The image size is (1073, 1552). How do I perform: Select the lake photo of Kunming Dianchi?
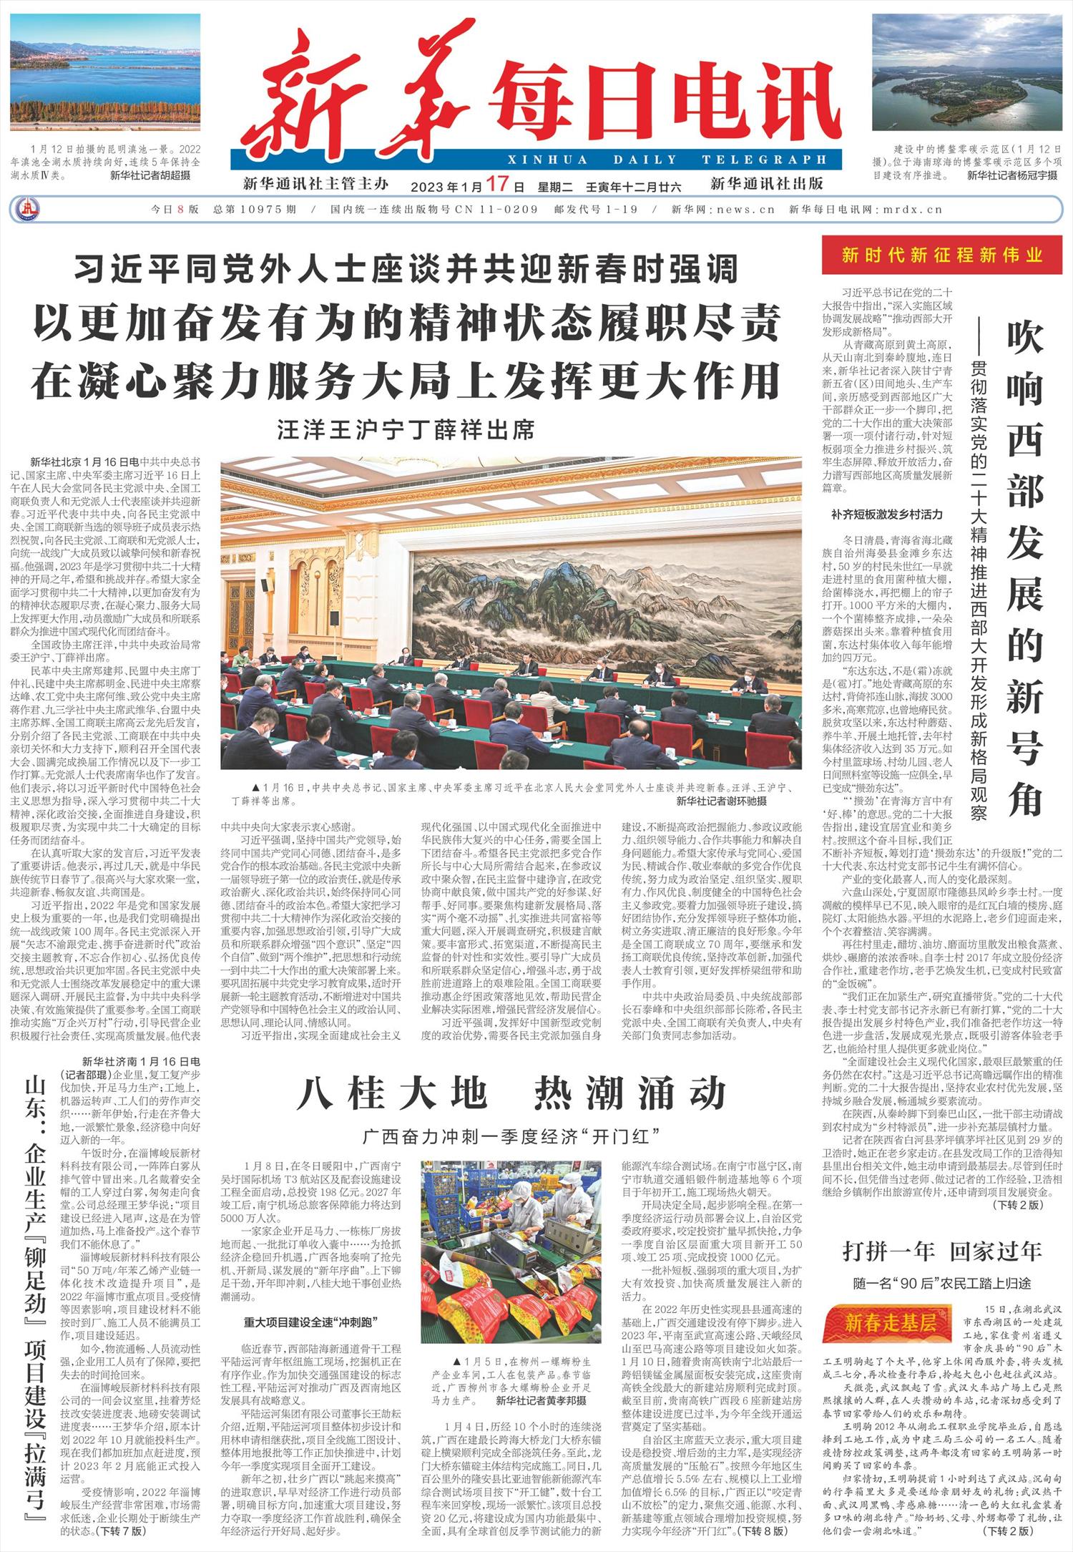click(x=106, y=81)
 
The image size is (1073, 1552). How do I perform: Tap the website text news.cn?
click(x=750, y=210)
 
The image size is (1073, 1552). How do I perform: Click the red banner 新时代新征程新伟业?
click(x=943, y=255)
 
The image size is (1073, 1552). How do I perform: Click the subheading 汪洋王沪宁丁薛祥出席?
click(x=406, y=431)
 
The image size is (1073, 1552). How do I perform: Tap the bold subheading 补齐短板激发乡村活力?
click(x=887, y=514)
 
